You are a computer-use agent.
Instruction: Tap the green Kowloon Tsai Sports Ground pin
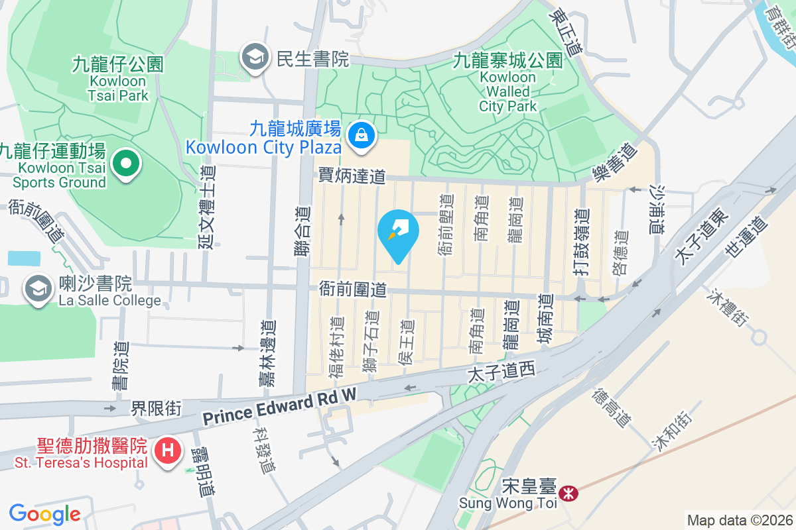click(x=125, y=163)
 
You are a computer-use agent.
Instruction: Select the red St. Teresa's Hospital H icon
click(x=167, y=450)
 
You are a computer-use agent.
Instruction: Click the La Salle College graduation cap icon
click(x=38, y=288)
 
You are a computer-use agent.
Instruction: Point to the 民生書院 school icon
click(x=254, y=57)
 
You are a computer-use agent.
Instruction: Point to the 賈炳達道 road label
click(x=352, y=176)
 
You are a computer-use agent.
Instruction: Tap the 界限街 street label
click(x=156, y=408)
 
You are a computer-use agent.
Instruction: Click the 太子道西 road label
click(x=501, y=373)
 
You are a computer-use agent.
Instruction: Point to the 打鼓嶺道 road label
click(x=582, y=233)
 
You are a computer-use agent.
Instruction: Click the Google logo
click(x=44, y=513)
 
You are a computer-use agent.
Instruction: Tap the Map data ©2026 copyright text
click(x=740, y=520)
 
